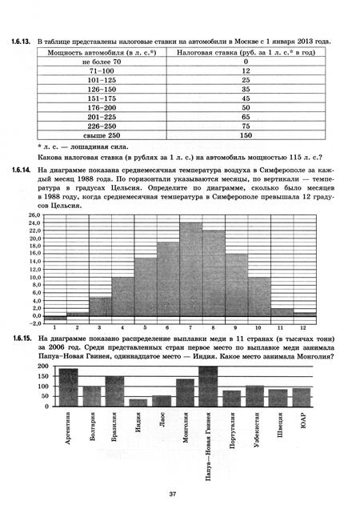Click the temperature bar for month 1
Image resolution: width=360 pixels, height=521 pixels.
click(54, 317)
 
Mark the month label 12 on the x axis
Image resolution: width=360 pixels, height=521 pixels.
click(304, 327)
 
